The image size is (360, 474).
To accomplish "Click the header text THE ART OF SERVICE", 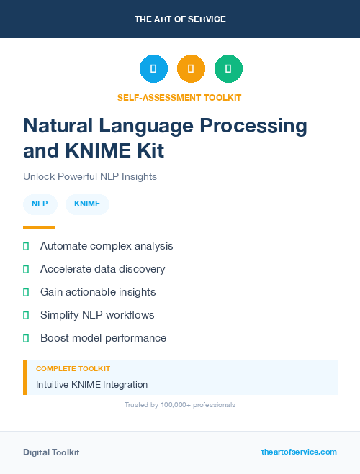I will pos(180,19).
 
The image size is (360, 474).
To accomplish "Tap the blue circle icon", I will pos(153,69).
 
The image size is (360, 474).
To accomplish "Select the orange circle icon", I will pos(191,69).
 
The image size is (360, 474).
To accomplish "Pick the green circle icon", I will pos(228,69).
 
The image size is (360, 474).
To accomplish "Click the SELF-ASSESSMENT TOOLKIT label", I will pos(180,97).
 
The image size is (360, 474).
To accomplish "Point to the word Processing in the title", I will pos(253,126).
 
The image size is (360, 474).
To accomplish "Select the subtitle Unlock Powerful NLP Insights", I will pos(90,176).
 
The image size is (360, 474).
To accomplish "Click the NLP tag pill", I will pos(40,204).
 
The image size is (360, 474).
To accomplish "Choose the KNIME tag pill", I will pos(87,204).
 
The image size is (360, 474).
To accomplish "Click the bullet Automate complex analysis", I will pos(107,246).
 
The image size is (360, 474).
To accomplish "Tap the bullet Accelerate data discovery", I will pos(102,269).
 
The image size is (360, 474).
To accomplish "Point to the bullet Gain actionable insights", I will pos(98,292).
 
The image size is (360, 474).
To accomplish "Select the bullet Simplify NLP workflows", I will pos(97,315).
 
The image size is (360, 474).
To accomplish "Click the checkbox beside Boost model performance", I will pos(26,338).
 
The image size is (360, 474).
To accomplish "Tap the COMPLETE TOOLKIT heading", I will pos(73,368).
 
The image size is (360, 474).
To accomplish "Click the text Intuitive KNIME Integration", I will pos(91,385).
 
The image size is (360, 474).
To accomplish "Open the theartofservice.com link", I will pos(299,452).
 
